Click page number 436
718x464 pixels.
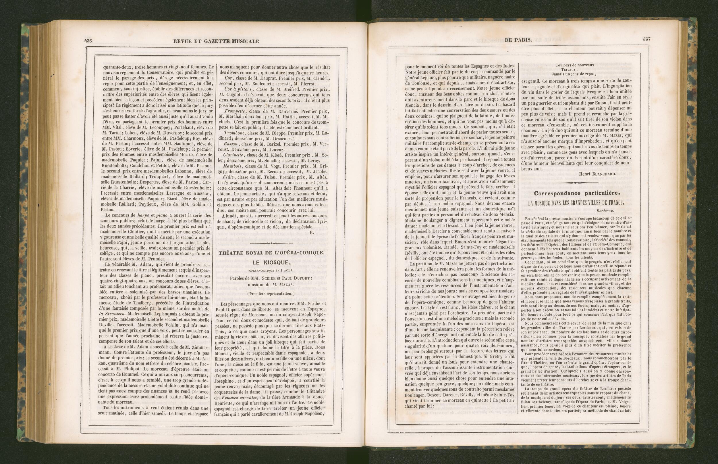(x=88, y=41)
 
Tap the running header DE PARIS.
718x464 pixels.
(x=518, y=39)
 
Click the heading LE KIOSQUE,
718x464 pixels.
(x=271, y=262)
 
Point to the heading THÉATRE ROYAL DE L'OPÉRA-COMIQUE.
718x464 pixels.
(x=271, y=253)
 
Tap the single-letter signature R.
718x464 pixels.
(x=311, y=232)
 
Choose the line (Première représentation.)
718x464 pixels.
(x=271, y=294)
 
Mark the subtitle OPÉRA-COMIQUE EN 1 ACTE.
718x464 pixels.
(x=271, y=270)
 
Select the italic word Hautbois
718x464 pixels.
(x=233, y=166)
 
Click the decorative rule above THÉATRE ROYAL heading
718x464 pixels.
(x=271, y=243)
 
